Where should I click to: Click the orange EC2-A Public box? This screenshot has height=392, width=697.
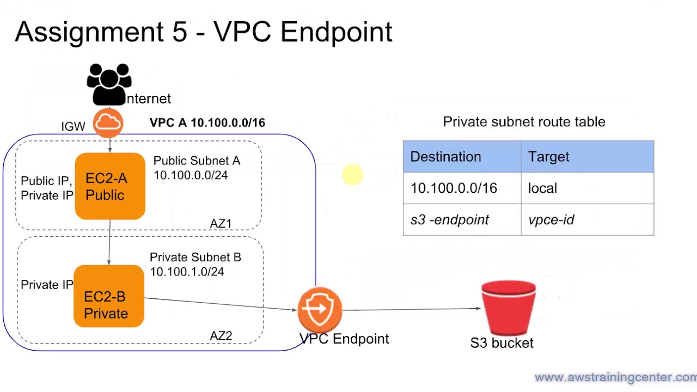point(110,186)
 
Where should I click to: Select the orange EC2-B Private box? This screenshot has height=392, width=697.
point(108,296)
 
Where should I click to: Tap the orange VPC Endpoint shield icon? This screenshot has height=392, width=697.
point(320,309)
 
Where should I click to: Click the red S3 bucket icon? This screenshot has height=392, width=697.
point(509,308)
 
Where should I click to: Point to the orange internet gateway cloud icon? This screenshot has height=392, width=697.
point(108,123)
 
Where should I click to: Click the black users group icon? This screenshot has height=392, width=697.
point(109,84)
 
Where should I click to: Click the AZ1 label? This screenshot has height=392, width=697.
point(221,224)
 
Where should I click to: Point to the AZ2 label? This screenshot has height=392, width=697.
point(221,336)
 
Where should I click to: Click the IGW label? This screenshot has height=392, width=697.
point(73,126)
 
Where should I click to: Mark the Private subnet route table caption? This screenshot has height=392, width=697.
point(524,122)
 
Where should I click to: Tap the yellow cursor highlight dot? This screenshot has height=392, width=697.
point(352,175)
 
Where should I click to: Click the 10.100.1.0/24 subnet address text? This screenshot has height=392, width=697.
point(187,272)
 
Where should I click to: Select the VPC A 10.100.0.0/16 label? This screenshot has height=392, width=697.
point(207,123)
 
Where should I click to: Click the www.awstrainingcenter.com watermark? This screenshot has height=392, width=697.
point(615,377)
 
